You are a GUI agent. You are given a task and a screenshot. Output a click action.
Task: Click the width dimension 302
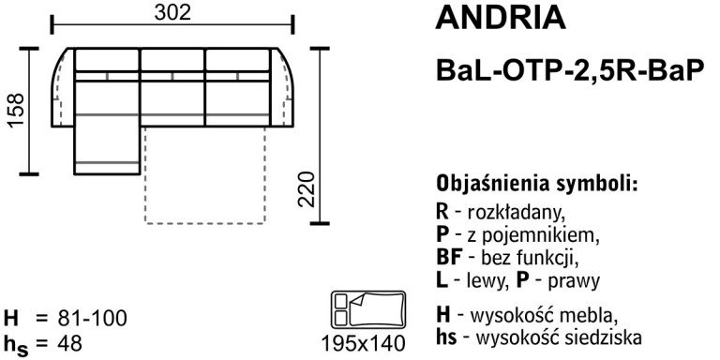[x=172, y=13]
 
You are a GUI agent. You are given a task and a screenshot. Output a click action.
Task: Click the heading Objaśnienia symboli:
[x=537, y=182]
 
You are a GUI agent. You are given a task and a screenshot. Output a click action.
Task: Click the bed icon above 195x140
[x=367, y=309]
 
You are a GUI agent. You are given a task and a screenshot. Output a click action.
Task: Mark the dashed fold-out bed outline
[x=206, y=192]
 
